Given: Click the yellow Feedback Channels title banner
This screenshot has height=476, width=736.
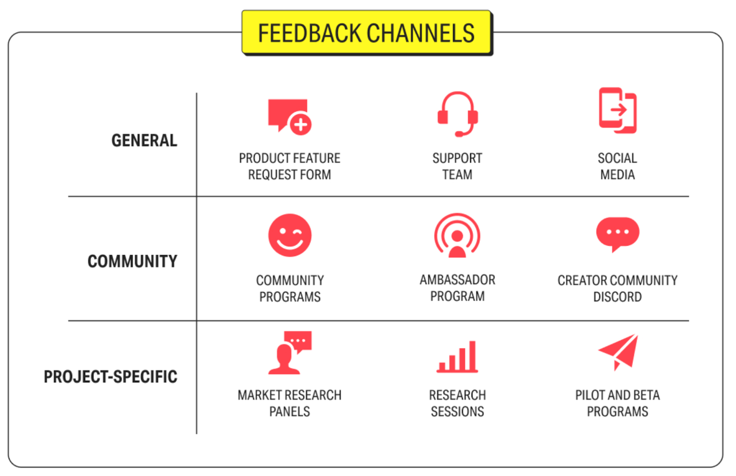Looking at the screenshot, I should pyautogui.click(x=367, y=33).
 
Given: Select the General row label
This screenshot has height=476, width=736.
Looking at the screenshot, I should pyautogui.click(x=144, y=140).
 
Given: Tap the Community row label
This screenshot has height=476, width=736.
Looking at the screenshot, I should pyautogui.click(x=132, y=261).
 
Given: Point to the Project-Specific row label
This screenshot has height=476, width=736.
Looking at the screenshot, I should pyautogui.click(x=110, y=377).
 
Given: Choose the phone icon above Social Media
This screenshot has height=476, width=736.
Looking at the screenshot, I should pyautogui.click(x=617, y=110).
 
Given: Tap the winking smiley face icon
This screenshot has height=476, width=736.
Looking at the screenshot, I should pyautogui.click(x=290, y=235).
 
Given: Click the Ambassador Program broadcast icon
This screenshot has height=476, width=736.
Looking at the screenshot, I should pyautogui.click(x=457, y=235).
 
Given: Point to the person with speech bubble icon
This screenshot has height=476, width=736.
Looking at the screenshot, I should pyautogui.click(x=290, y=352).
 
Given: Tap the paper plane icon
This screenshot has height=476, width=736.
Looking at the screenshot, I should pyautogui.click(x=619, y=351).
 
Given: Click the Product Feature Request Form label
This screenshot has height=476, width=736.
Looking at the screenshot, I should pyautogui.click(x=289, y=166).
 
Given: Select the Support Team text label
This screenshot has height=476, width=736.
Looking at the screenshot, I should pyautogui.click(x=457, y=166).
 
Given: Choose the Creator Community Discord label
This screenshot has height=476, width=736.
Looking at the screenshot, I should pyautogui.click(x=617, y=288).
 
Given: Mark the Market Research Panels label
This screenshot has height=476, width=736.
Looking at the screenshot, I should pyautogui.click(x=289, y=403).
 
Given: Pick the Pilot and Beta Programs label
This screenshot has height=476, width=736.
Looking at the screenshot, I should pyautogui.click(x=617, y=403).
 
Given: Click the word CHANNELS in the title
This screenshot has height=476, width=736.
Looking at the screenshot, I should pyautogui.click(x=420, y=33).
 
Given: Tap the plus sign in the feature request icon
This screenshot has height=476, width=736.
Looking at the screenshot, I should pyautogui.click(x=300, y=124).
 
